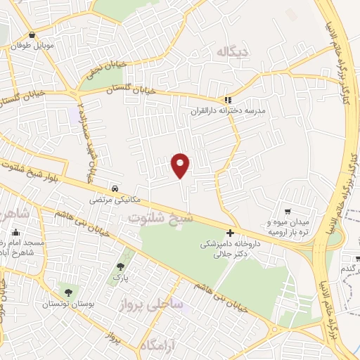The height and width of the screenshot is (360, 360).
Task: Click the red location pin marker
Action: tap(181, 165)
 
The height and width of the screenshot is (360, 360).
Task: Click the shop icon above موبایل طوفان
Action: tap(32, 35)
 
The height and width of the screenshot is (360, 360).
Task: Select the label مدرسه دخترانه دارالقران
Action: tap(225, 111)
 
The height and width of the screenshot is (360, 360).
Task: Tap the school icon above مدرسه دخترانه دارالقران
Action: tap(226, 100)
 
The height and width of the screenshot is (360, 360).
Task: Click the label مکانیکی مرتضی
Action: tap(110, 199)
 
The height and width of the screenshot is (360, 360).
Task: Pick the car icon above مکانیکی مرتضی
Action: tap(114, 188)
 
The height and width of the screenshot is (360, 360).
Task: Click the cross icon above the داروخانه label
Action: tap(231, 233)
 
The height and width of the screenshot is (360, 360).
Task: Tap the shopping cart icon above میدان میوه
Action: tap(288, 212)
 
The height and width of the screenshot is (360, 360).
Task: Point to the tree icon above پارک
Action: tap(120, 266)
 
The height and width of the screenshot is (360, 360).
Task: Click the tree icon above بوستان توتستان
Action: tap(68, 292)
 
